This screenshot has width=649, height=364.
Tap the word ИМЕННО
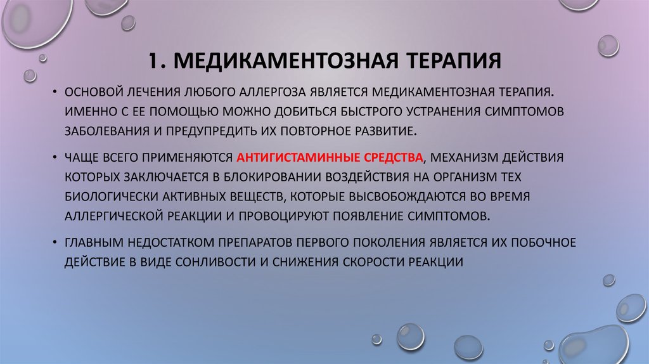[x=87, y=111]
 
